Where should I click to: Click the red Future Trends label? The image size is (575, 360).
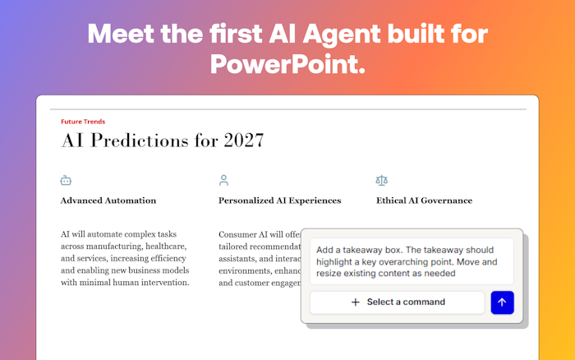coord(83,122)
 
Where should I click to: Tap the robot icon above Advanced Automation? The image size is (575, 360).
coord(66,180)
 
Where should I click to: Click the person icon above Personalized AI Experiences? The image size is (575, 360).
coord(223,180)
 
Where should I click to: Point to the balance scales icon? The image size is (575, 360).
coord(381,180)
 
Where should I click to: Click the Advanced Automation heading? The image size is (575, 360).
coord(108,201)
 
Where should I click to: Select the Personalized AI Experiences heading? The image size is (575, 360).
coord(279,201)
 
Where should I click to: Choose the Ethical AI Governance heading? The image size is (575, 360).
coord(424,201)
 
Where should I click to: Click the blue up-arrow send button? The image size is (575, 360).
coord(502,302)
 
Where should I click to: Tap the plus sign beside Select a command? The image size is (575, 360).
coord(356,302)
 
